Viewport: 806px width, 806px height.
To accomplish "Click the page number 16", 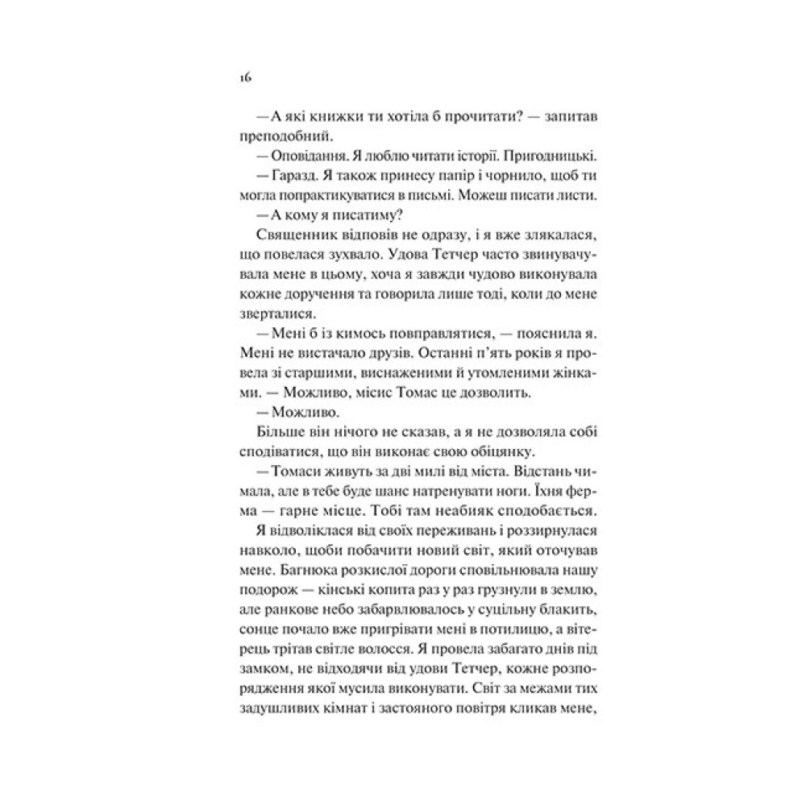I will click(246, 77).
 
